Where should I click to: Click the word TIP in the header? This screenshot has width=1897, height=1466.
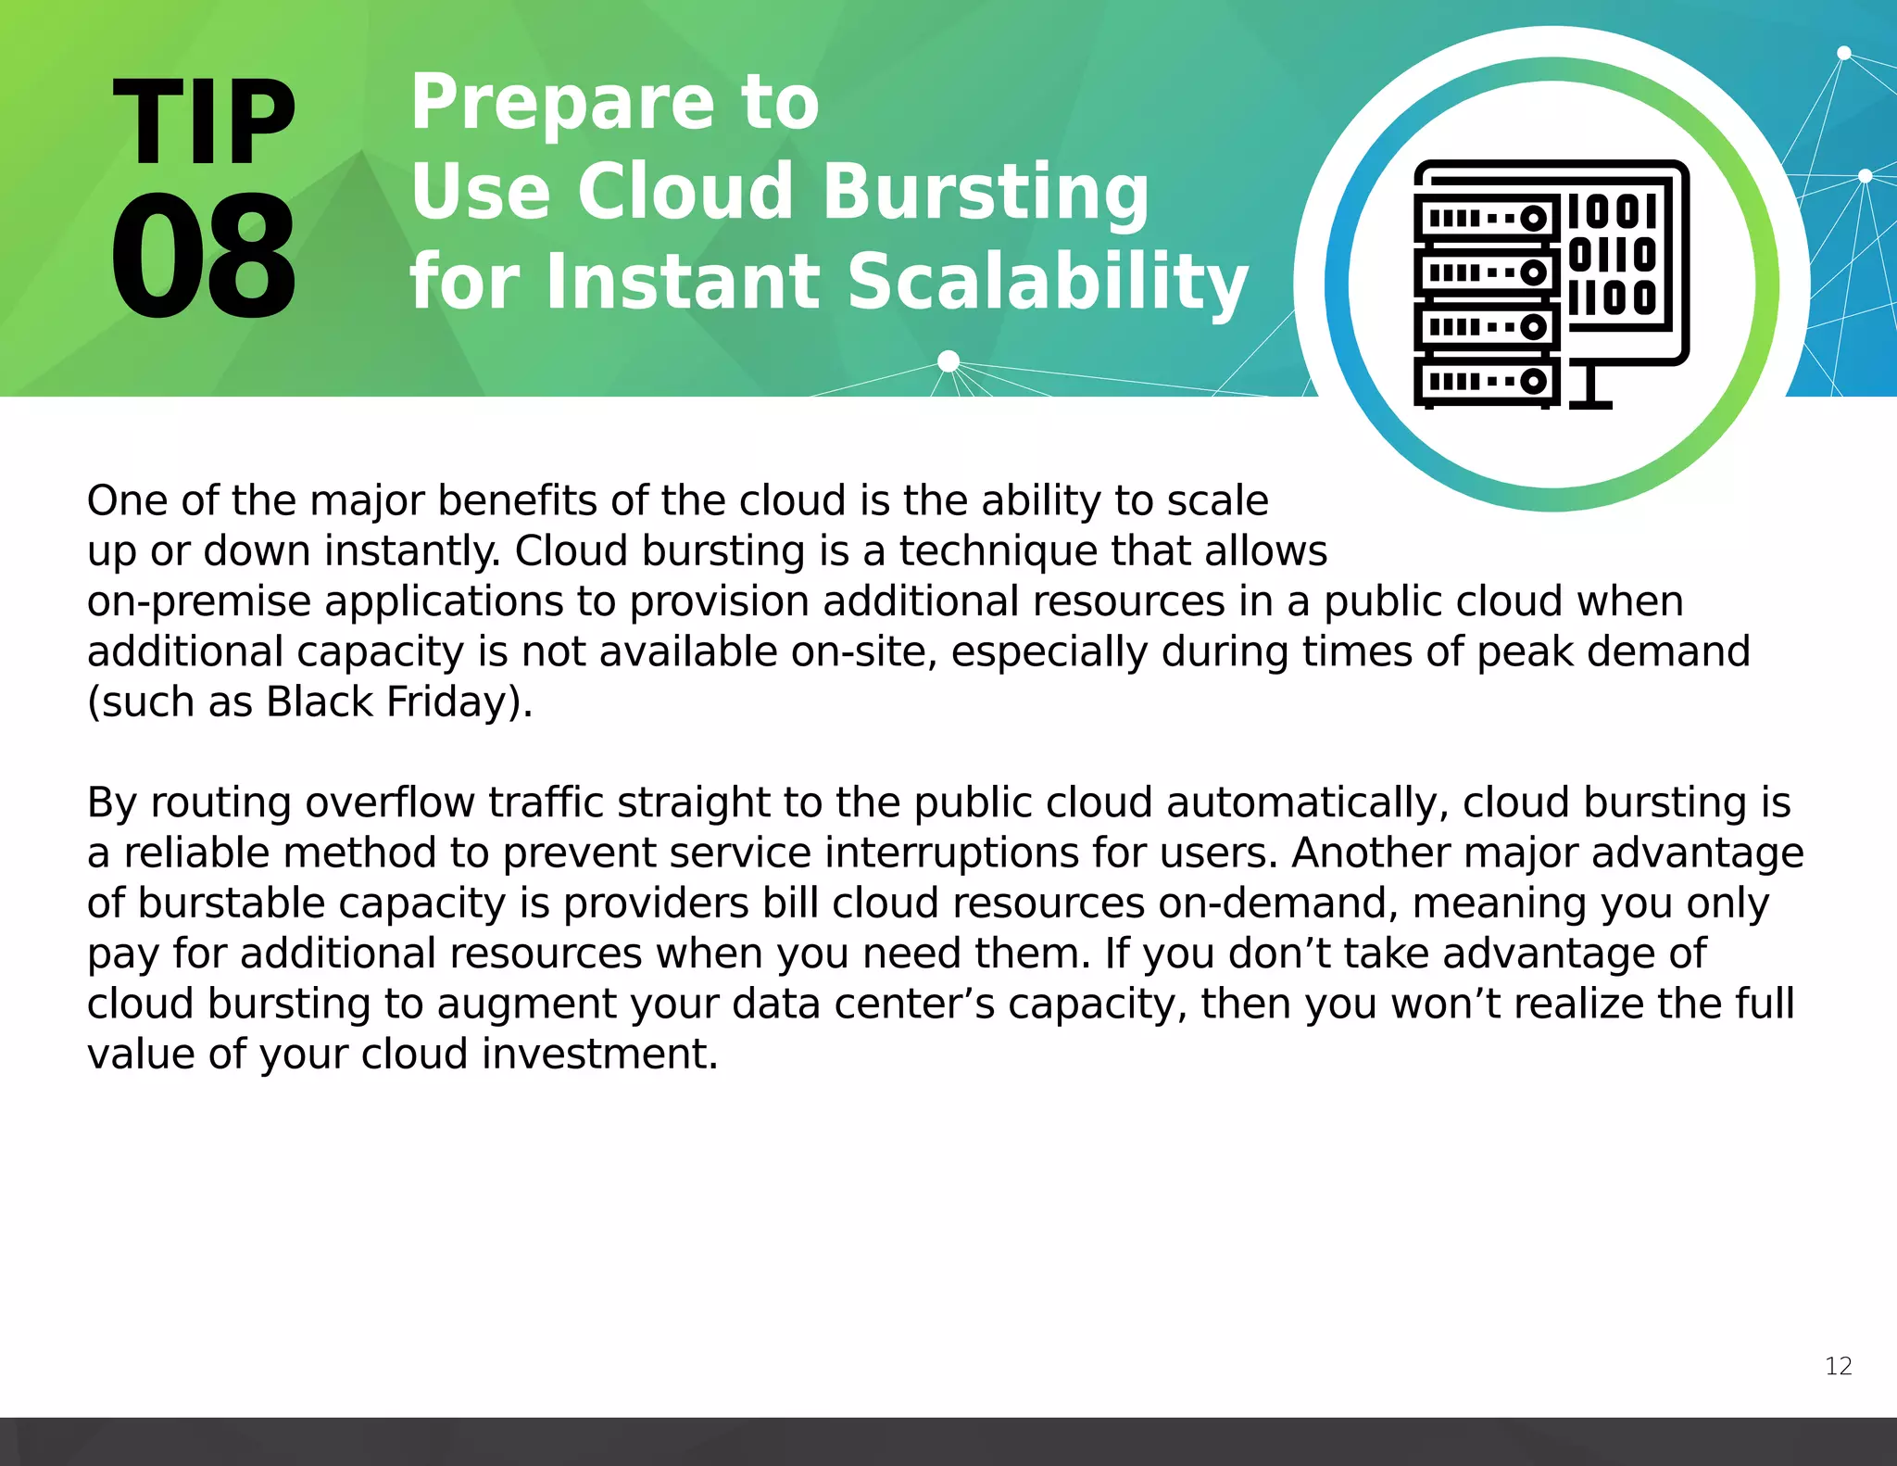tap(204, 123)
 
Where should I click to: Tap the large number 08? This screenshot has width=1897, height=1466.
tap(204, 258)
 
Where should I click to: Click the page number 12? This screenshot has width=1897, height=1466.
tap(1838, 1366)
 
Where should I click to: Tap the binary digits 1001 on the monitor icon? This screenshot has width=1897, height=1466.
tap(1613, 211)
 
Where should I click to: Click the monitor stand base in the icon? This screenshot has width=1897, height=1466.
tap(1590, 404)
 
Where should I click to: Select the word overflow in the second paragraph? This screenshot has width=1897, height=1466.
tap(389, 803)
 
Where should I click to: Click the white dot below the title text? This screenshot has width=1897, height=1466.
tap(948, 360)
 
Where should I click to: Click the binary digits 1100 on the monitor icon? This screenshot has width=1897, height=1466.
tap(1613, 298)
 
